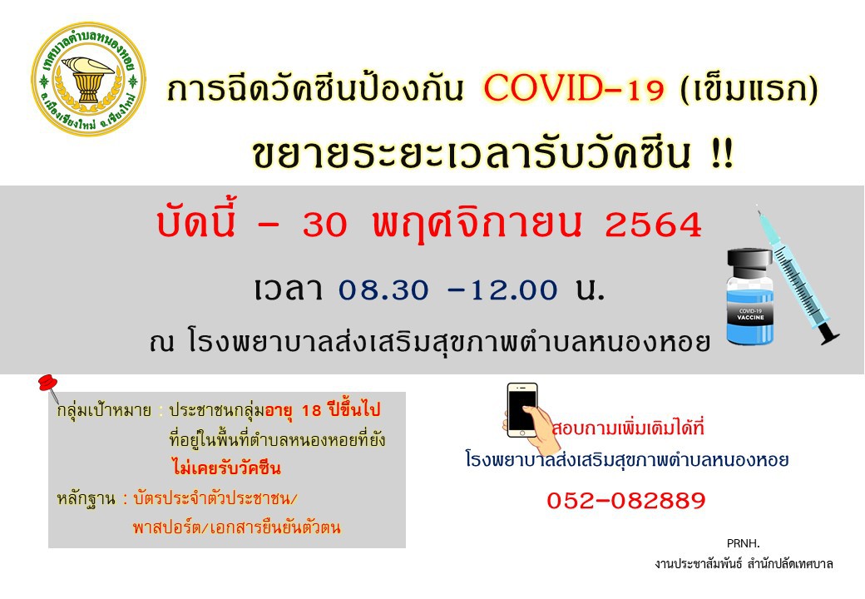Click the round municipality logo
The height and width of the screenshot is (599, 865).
[x=89, y=79]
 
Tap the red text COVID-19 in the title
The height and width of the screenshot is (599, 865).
[x=575, y=89]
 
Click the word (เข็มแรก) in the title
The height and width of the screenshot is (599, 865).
[x=749, y=89]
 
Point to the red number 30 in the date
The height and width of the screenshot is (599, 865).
[x=325, y=225]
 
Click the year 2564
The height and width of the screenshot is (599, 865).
[x=653, y=225]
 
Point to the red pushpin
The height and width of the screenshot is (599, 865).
[x=49, y=387]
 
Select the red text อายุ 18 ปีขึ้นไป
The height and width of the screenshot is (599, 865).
[x=323, y=410]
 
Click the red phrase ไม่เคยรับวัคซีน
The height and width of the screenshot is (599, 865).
[x=226, y=468]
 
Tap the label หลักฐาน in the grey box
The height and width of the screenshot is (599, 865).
[x=86, y=498]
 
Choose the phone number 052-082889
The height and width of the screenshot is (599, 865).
[x=626, y=500]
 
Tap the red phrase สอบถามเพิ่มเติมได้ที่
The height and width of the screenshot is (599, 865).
[x=629, y=428]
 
